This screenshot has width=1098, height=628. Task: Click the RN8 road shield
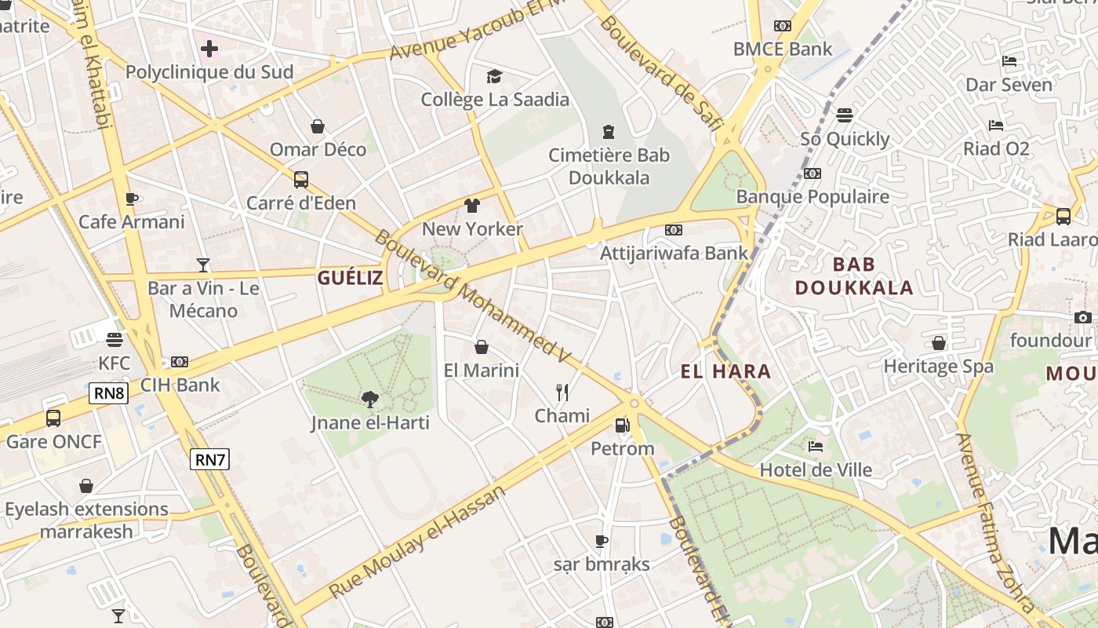(x=108, y=393)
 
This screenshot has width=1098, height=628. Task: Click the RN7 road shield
(x=209, y=459)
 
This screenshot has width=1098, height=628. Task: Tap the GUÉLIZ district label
(x=351, y=277)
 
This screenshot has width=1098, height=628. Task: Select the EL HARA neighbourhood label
(x=725, y=371)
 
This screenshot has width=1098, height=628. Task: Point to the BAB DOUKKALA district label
(x=854, y=276)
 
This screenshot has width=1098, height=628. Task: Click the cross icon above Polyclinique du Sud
(x=209, y=49)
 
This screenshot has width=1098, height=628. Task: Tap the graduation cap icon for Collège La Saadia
(x=494, y=76)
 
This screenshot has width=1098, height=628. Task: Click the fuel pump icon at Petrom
(x=622, y=425)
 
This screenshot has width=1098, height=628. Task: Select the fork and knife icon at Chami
(x=562, y=392)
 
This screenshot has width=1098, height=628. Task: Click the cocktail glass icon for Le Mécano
(x=203, y=265)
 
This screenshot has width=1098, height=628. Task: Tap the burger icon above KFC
(x=115, y=340)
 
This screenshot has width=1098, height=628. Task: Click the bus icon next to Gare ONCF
(x=53, y=418)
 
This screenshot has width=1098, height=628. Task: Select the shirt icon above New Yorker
(x=471, y=206)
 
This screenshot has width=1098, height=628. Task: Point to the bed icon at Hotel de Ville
(x=816, y=447)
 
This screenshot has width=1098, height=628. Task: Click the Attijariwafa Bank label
(x=674, y=253)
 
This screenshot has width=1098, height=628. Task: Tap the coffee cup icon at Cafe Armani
(x=132, y=199)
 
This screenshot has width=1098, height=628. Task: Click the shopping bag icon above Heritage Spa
(x=938, y=343)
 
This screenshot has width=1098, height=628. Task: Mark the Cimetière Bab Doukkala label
(x=609, y=166)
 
